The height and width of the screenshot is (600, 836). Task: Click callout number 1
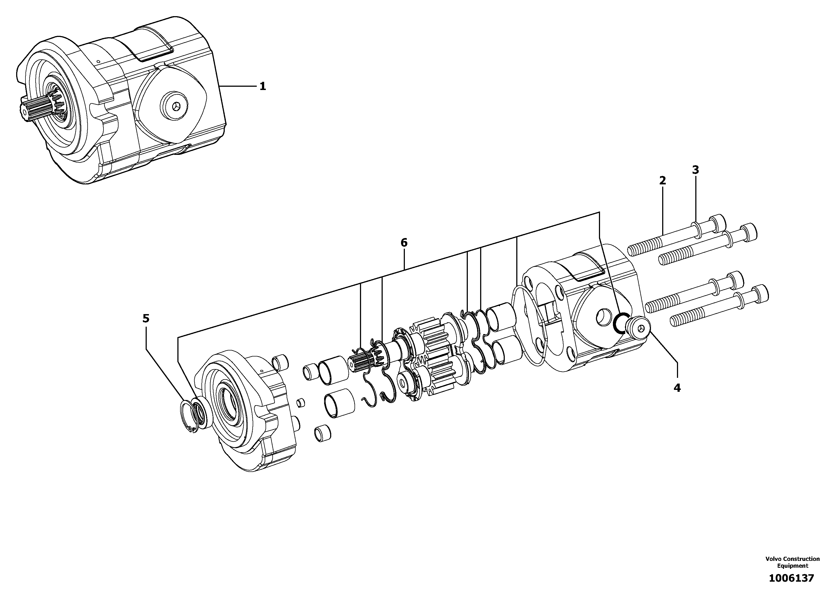pyautogui.click(x=263, y=86)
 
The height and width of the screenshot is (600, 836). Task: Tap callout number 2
pyautogui.click(x=662, y=181)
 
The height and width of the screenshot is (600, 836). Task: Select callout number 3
pyautogui.click(x=695, y=170)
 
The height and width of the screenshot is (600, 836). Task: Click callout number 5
pyautogui.click(x=146, y=318)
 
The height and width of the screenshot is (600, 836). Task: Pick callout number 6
pyautogui.click(x=404, y=243)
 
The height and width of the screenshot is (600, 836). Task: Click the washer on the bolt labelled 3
pyautogui.click(x=696, y=230)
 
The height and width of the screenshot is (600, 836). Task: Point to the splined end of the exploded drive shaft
pyautogui.click(x=357, y=363)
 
